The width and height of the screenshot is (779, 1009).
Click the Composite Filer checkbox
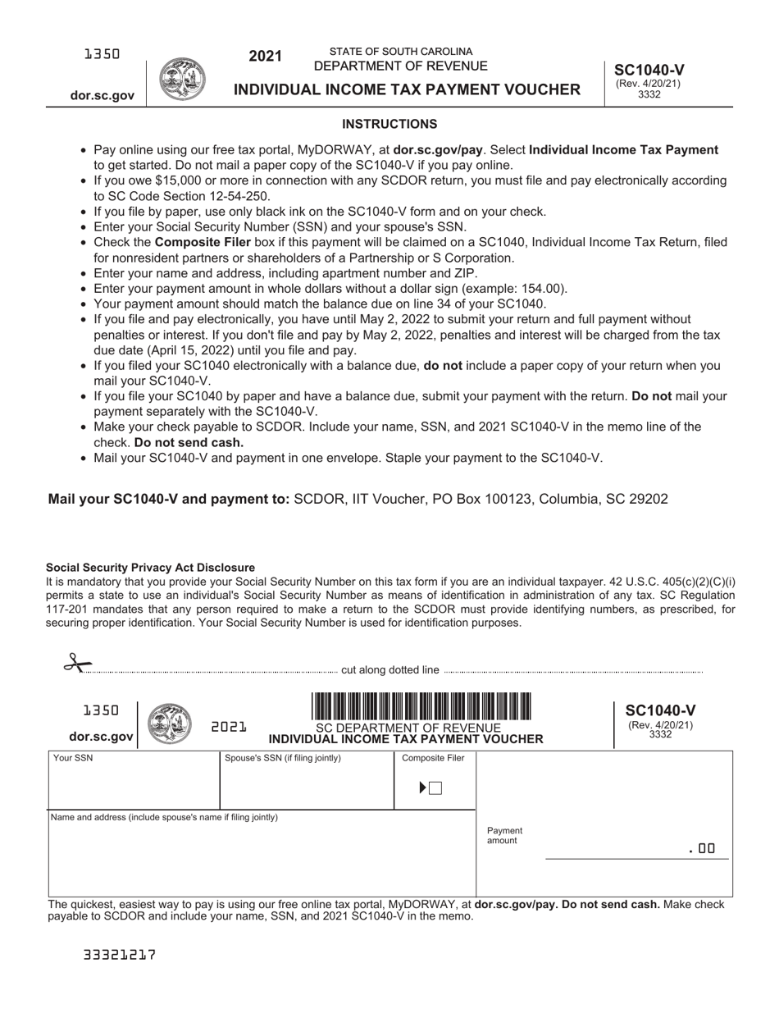(435, 788)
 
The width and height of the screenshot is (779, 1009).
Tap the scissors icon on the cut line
(76, 664)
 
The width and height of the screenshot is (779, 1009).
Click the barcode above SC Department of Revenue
(421, 706)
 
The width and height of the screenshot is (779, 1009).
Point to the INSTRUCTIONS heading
(389, 125)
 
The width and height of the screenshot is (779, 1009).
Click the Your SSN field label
(73, 758)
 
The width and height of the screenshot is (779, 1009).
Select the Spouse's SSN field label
(283, 758)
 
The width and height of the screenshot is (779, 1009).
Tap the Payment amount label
(504, 836)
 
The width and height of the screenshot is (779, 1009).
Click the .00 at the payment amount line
(702, 850)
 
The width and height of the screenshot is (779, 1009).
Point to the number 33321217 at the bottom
(120, 955)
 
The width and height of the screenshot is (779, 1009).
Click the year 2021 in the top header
(266, 57)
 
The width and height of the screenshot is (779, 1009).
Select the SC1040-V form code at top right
(649, 71)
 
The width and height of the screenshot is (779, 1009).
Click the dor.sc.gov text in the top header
(102, 96)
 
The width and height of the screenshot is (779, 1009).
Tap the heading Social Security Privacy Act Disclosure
(150, 568)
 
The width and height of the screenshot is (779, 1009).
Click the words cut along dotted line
(390, 670)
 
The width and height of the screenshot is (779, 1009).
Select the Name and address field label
(164, 817)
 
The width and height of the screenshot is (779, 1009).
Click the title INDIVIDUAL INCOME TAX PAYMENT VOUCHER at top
(408, 89)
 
